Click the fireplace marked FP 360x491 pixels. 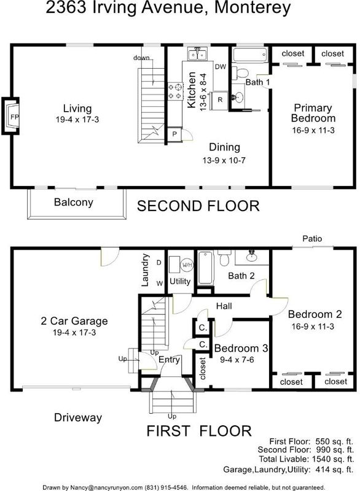click(11, 116)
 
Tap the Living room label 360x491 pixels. click(77, 109)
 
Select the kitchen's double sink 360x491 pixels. click(198, 54)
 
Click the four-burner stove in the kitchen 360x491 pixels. click(176, 91)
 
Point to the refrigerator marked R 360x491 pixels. click(220, 100)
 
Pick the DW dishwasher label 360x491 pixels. click(221, 66)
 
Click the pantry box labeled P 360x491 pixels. click(174, 134)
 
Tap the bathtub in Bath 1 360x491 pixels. click(250, 55)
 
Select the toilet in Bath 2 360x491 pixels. click(225, 258)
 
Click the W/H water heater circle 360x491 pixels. click(187, 265)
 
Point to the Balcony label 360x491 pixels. click(74, 203)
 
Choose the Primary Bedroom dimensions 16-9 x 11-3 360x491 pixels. click(313, 130)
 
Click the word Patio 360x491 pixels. click(312, 239)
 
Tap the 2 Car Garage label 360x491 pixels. click(74, 321)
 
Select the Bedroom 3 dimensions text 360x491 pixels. click(237, 360)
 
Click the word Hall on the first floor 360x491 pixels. click(224, 306)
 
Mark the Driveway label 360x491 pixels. click(78, 417)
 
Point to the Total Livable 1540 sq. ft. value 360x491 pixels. click(333, 459)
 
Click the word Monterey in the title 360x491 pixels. click(252, 7)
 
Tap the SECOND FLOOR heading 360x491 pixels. click(198, 206)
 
